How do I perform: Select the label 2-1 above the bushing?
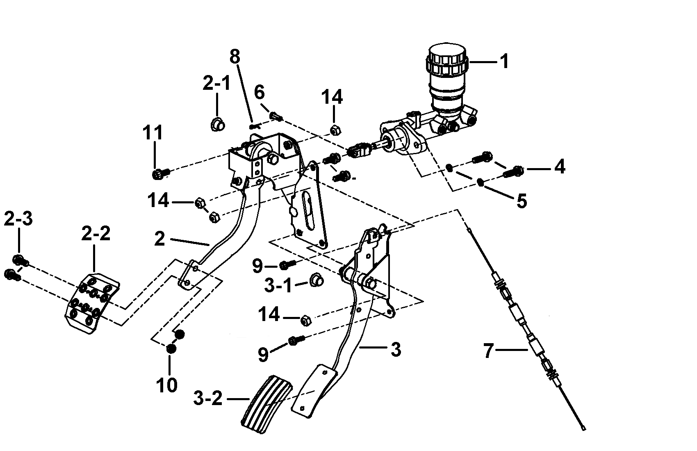point(216,83)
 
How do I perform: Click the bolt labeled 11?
point(160,173)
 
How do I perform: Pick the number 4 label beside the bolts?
point(560,167)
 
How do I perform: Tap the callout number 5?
point(522,201)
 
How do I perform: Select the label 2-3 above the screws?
point(18,219)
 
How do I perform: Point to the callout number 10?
point(166,385)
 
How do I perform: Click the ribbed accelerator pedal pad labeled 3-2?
point(267,405)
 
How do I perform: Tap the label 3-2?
point(208,398)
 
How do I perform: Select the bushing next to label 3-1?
point(316,280)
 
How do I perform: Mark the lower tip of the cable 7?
point(584,429)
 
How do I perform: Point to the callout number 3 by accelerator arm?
point(396,349)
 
